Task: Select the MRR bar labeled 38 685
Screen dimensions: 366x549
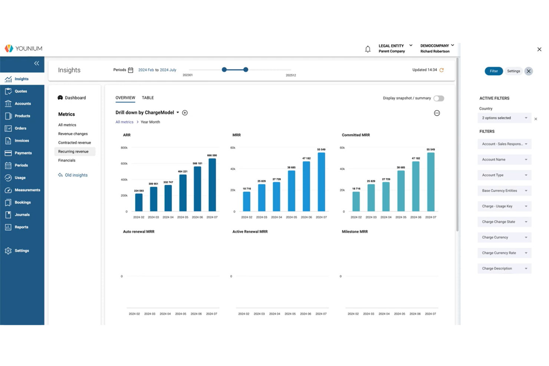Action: coord(292,191)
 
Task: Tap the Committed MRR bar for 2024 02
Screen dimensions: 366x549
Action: coord(356,201)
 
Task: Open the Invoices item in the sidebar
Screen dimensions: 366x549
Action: coord(22,141)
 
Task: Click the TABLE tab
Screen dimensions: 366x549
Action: coord(148,98)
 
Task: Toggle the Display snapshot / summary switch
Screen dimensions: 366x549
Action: coord(438,98)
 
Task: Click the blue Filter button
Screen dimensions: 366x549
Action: coord(493,71)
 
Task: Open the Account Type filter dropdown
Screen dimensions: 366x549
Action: coord(504,175)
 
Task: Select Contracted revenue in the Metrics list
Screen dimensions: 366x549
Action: coord(75,143)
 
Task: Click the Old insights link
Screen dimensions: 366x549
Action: coord(76,175)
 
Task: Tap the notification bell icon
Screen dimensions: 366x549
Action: coord(368,49)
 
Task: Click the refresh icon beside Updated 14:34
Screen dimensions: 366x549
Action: coord(441,70)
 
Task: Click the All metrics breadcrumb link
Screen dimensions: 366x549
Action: coord(124,122)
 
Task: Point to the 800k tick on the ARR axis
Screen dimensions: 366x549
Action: coord(124,148)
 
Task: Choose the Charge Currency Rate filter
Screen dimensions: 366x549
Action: coord(504,253)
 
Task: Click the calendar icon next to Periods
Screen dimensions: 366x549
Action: coord(131,70)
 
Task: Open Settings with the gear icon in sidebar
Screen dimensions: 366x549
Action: coord(8,251)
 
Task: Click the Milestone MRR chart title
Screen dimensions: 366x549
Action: coord(355,232)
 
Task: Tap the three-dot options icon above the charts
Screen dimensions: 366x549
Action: coord(437,113)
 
